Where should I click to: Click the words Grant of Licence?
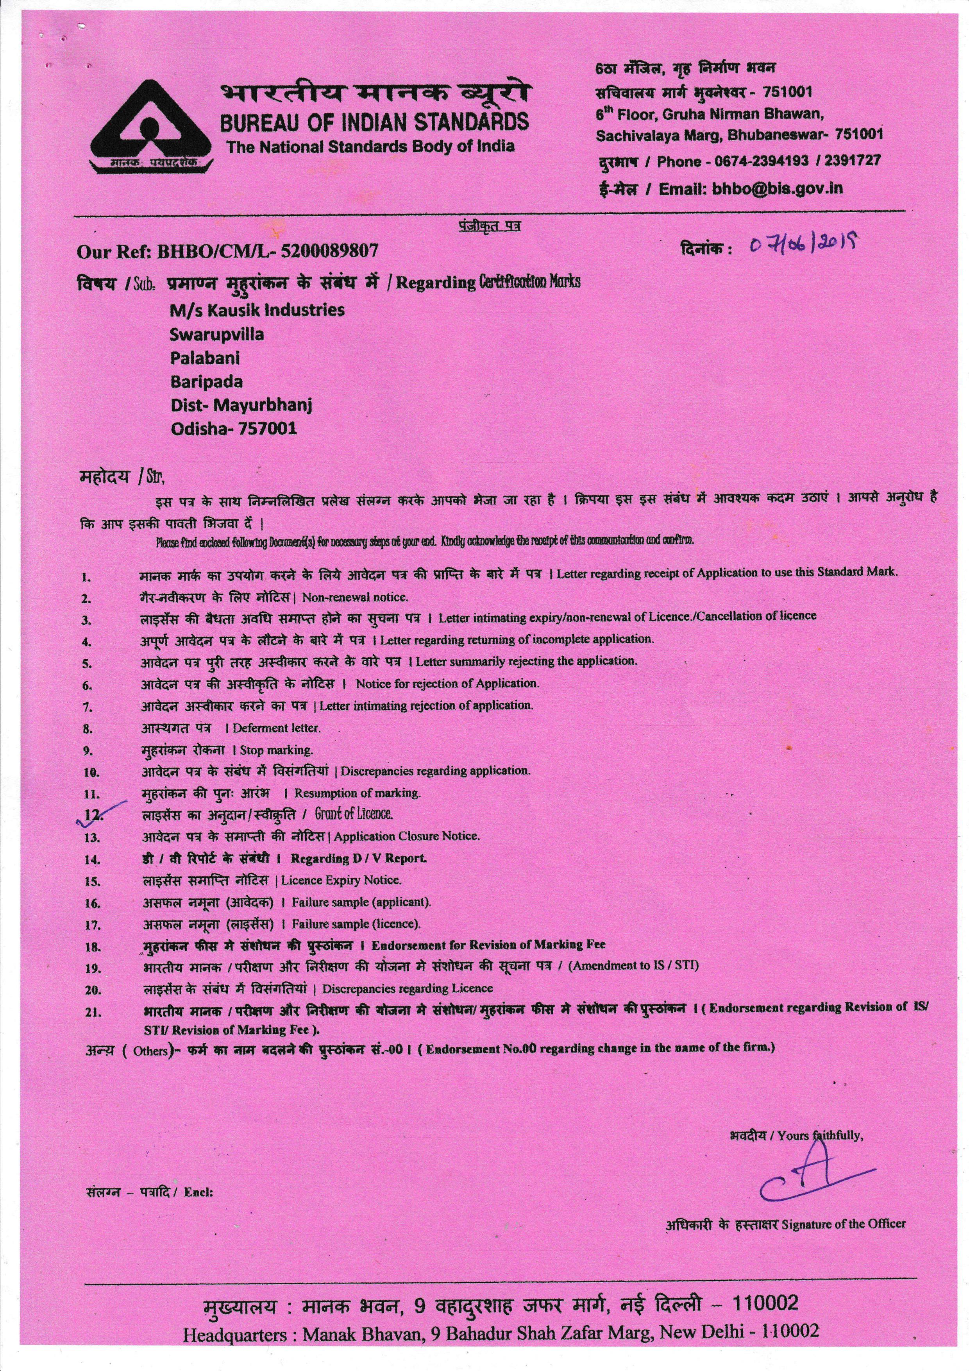coord(354,814)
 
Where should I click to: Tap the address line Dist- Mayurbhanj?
coord(241,405)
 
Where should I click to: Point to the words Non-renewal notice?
coord(355,596)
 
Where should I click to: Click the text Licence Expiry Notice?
coord(341,880)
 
